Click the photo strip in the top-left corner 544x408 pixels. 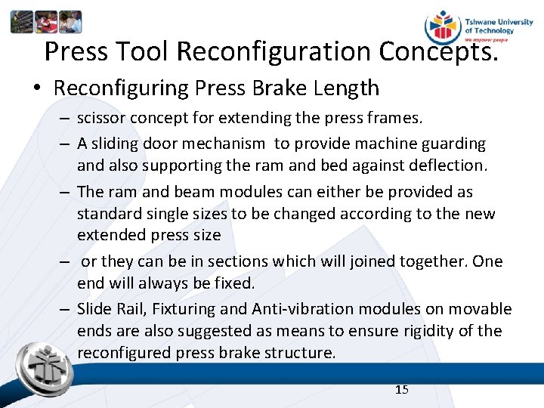coord(45,22)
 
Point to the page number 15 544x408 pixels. coord(402,389)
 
